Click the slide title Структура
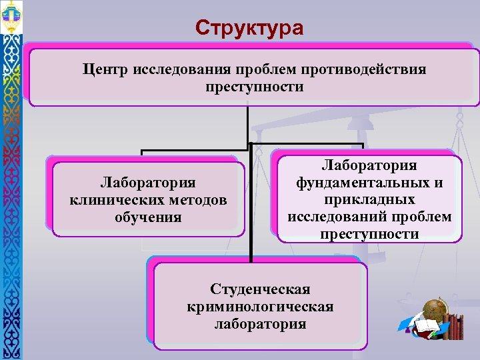[x=249, y=28]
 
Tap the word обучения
[x=147, y=217]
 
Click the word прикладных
[x=369, y=200]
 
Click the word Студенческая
[x=260, y=289]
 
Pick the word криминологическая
[x=260, y=307]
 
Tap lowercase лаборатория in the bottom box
[x=260, y=324]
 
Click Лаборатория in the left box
[x=147, y=183]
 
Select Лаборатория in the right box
[x=369, y=165]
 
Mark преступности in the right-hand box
[x=369, y=235]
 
